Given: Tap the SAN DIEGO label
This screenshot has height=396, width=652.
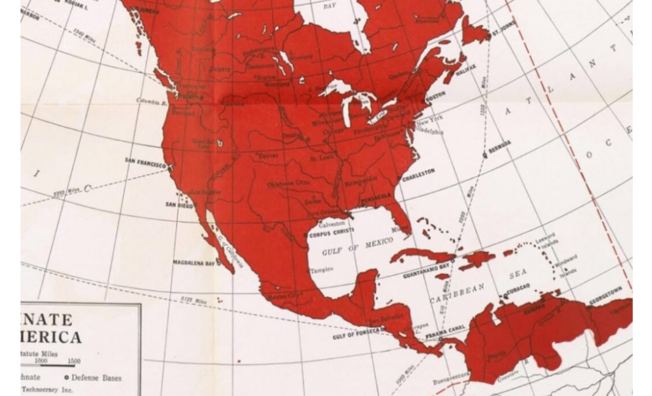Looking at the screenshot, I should pos(179,204).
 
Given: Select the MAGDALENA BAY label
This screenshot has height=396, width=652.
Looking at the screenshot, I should pos(194,262).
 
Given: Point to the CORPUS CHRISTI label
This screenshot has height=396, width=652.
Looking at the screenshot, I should pos(331,234).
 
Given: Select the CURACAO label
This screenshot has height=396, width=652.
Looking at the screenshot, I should pos(516,288).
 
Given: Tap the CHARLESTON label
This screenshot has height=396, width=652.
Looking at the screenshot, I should pos(418,172).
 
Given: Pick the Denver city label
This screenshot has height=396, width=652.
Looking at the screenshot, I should pos(269,155).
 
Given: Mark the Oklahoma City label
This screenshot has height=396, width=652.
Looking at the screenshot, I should pos(288,183).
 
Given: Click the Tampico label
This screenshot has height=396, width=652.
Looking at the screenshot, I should pos(322,270).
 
